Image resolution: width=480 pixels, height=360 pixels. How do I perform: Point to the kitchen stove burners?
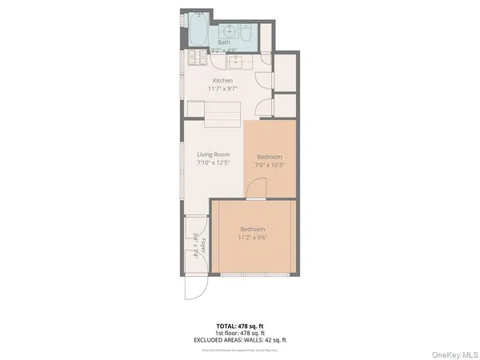coord(197,58)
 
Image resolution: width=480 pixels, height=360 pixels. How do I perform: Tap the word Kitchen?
coord(223,81)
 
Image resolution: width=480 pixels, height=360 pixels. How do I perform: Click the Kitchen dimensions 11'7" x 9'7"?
coord(223,90)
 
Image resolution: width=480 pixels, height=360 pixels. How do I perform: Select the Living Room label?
coord(213,154)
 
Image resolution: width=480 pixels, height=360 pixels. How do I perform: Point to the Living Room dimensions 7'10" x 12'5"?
coord(213,162)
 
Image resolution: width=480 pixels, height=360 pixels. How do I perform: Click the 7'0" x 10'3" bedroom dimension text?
coord(269,166)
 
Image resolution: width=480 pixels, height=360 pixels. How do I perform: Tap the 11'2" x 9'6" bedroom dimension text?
coord(252,238)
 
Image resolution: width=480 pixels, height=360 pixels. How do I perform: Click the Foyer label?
coord(204,247)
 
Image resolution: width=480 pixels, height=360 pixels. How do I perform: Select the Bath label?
coord(224,42)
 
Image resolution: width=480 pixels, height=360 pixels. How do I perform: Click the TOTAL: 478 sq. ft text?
coord(240,326)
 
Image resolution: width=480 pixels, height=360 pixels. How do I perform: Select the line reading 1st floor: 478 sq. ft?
coord(240,333)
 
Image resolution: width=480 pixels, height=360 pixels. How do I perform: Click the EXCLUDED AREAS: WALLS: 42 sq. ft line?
coord(240,340)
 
